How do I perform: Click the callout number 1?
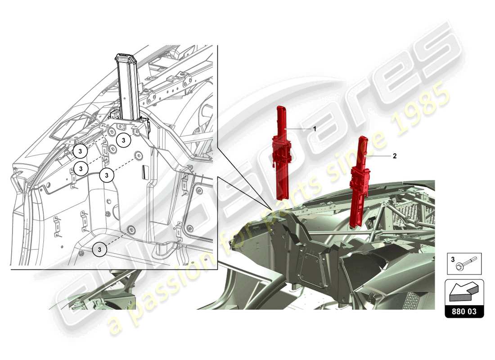[315, 129]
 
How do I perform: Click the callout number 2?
[395, 156]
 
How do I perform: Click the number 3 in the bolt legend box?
[453, 259]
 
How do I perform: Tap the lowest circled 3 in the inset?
[100, 248]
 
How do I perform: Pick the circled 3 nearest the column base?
[124, 140]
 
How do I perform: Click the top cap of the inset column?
[126, 58]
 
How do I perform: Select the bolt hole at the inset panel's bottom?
[131, 230]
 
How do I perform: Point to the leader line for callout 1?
[299, 129]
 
